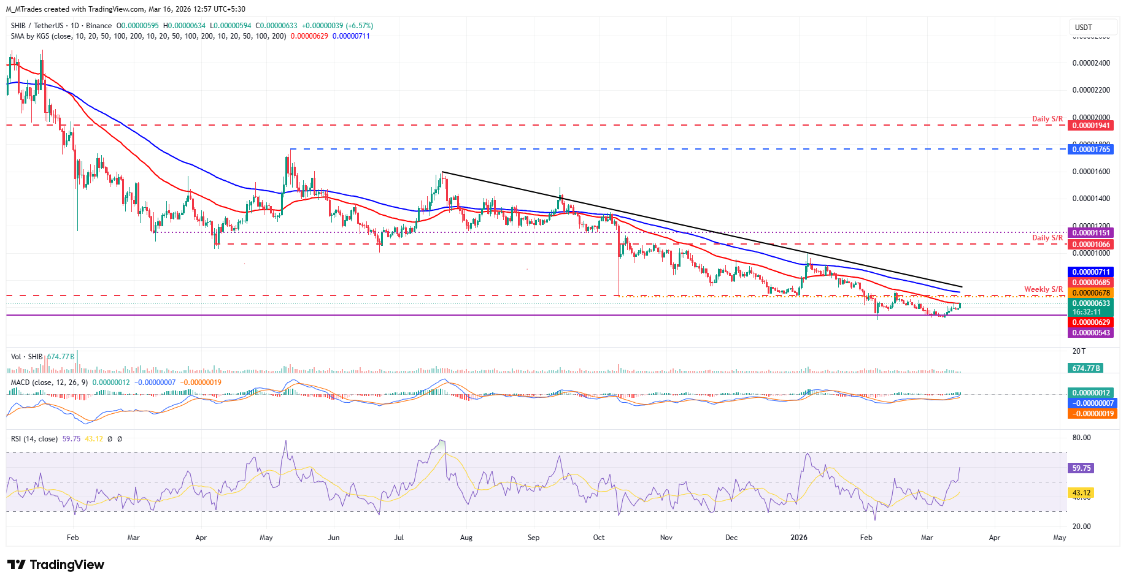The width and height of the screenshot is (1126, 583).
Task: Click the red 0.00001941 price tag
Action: [x=1090, y=126]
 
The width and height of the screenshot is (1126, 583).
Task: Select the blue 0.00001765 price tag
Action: [x=1090, y=150]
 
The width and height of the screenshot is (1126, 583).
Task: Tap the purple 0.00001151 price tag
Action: [x=1090, y=233]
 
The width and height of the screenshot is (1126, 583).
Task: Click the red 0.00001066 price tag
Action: [x=1090, y=245]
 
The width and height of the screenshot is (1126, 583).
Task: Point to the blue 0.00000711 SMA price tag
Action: [x=1090, y=272]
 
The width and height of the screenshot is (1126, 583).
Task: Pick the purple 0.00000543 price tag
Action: [x=1090, y=333]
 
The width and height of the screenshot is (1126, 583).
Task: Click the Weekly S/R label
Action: [x=1043, y=289]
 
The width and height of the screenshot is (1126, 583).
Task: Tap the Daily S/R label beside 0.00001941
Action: [x=1047, y=119]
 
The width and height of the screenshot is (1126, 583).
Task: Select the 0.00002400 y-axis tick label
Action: [x=1090, y=63]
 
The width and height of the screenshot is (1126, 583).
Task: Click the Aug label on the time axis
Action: [x=466, y=538]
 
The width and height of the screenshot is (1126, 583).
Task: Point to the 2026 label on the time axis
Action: [x=799, y=538]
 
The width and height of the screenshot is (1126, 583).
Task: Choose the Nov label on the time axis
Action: [x=666, y=538]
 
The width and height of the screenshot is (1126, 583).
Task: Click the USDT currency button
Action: [x=1084, y=27]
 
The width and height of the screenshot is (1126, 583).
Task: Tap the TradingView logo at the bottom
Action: [x=56, y=565]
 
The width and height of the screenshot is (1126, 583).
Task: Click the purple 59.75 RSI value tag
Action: [x=1081, y=468]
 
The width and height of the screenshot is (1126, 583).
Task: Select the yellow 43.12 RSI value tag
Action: [x=1081, y=493]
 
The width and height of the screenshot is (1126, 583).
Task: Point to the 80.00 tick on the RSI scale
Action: [x=1081, y=438]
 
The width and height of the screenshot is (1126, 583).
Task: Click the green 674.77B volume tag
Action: [x=1086, y=368]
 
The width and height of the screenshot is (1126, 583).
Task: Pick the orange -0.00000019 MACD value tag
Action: [x=1092, y=414]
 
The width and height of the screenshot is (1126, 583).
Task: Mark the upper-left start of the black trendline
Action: [x=442, y=172]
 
